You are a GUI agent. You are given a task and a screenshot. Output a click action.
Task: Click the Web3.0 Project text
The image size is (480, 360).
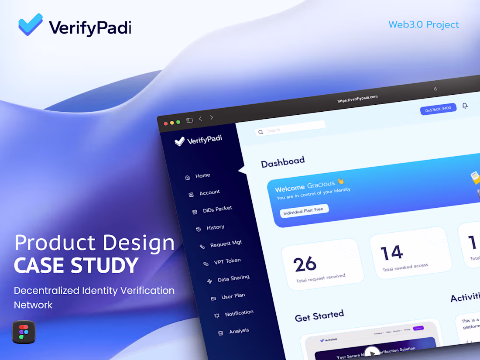[x=423, y=24]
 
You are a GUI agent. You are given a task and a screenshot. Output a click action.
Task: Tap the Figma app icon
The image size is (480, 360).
[x=24, y=332]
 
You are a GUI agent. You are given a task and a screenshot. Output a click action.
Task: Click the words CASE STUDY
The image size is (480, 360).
[x=76, y=265]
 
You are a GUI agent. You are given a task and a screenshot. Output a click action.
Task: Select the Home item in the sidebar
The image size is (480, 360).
[x=202, y=176]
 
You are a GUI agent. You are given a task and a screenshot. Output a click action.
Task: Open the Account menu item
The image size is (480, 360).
[x=209, y=192]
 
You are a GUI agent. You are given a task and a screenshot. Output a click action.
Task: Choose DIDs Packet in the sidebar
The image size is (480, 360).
[x=217, y=209]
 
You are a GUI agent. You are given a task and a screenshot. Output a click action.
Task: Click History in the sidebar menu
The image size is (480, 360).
[x=215, y=227]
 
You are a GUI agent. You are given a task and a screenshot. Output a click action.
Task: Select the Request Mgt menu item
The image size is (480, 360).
[x=226, y=244]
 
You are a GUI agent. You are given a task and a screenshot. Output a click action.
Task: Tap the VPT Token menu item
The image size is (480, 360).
[x=227, y=261]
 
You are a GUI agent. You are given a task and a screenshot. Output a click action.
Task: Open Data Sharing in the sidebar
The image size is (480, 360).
[x=233, y=278]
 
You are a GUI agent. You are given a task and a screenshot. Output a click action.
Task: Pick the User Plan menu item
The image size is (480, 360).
[x=233, y=296]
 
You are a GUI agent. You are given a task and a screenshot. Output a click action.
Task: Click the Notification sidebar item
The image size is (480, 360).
[x=239, y=313]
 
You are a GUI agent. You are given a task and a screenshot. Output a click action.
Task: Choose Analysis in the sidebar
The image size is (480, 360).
[x=239, y=331]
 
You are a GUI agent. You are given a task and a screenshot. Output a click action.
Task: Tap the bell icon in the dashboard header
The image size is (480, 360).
[x=465, y=106]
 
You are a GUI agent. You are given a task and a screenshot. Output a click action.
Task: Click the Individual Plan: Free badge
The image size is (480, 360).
[x=303, y=210]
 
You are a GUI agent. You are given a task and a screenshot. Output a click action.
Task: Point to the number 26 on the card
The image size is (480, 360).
[x=305, y=264]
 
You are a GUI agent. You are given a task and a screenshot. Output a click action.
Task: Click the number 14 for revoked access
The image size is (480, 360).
[x=391, y=253]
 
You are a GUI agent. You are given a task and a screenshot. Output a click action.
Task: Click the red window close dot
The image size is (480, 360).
[x=166, y=123]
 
